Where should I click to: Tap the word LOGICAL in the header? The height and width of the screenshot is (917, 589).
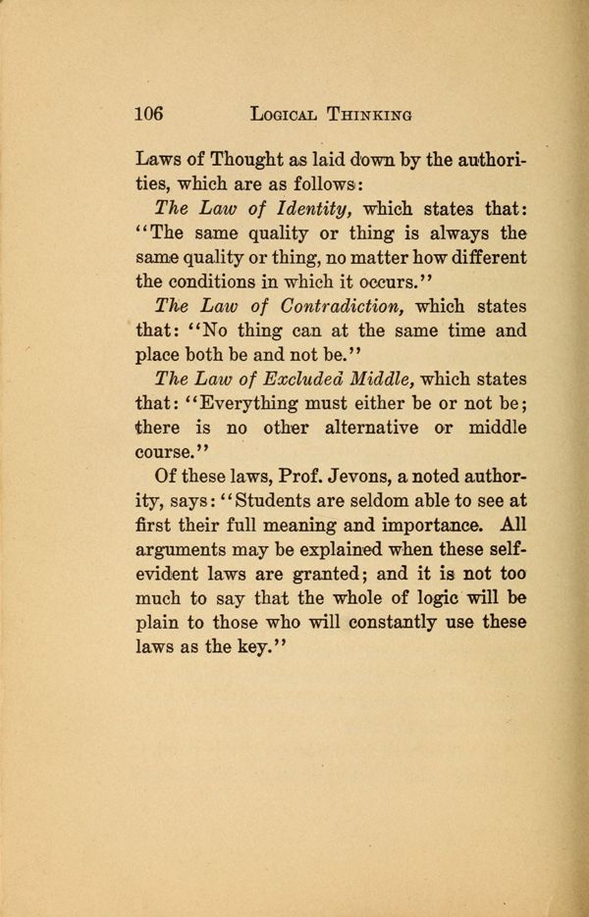click(292, 114)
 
